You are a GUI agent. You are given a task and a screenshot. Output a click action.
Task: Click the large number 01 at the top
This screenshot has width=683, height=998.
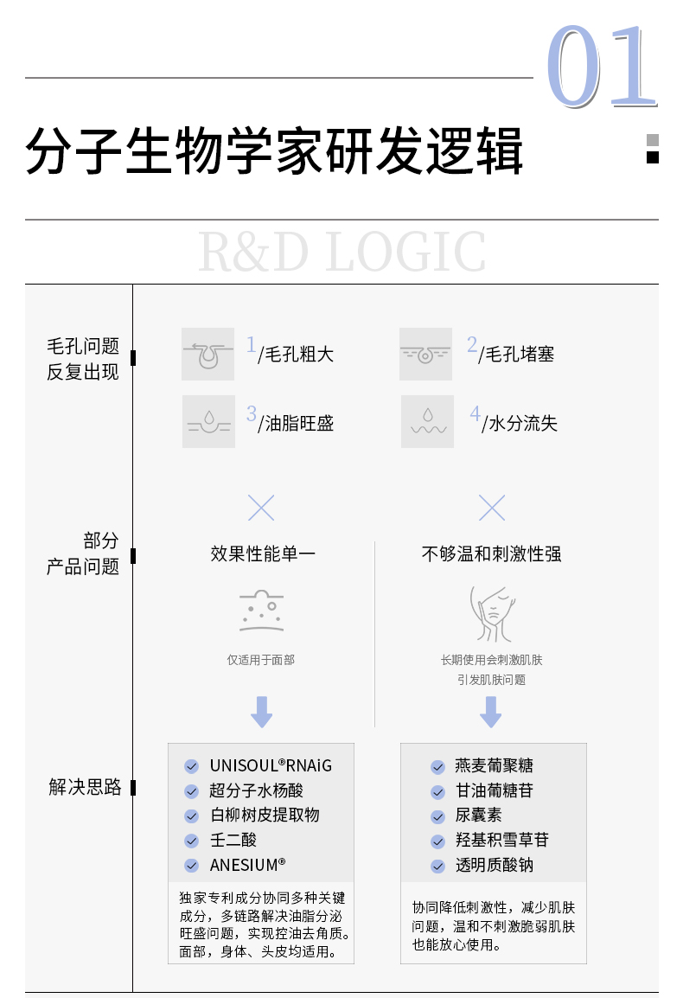(602, 67)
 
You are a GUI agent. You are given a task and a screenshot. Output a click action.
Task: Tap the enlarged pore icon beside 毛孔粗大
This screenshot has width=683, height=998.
(207, 354)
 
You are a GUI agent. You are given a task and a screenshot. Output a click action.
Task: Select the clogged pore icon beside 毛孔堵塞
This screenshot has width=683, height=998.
(425, 354)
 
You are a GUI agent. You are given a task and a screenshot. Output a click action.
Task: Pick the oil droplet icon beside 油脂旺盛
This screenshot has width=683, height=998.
(208, 421)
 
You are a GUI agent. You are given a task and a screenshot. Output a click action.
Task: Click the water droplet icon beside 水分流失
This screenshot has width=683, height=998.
(427, 421)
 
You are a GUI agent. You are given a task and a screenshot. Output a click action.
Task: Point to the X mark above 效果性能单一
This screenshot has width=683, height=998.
(261, 508)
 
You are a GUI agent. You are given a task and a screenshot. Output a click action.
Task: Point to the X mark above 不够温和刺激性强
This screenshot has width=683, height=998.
(492, 508)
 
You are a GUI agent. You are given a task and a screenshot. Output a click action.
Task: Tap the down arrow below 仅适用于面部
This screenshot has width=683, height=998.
(261, 711)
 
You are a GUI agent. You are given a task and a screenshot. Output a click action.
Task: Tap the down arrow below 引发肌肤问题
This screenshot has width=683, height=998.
(491, 711)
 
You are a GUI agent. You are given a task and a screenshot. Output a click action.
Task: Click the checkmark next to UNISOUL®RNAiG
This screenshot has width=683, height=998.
(192, 766)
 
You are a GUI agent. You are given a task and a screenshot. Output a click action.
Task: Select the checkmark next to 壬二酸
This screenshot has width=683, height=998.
(192, 841)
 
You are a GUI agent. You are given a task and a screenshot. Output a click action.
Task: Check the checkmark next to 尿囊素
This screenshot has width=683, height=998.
(438, 816)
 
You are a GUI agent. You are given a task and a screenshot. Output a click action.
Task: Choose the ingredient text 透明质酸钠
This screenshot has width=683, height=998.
(495, 865)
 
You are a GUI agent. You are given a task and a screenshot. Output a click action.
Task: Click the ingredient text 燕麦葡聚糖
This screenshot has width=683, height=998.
(495, 766)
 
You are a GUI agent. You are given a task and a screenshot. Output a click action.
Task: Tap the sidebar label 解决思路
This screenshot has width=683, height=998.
(84, 787)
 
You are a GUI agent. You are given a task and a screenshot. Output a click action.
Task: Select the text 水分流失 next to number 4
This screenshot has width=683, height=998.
(523, 423)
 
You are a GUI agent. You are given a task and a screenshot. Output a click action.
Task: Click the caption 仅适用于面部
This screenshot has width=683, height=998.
(261, 660)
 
